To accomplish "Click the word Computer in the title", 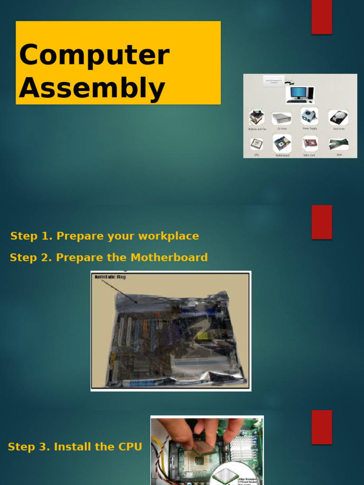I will [x=94, y=55].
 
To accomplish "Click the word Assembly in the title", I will [x=92, y=89].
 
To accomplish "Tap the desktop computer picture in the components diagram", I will [x=300, y=94].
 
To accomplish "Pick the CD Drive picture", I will [x=281, y=118].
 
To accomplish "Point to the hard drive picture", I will [x=338, y=117].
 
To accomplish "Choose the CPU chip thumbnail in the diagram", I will [x=256, y=144].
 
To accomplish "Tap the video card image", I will [x=309, y=143].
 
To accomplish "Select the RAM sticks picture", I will [x=338, y=144].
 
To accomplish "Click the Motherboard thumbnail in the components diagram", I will [x=282, y=143].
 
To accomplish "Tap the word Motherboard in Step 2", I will [x=169, y=258].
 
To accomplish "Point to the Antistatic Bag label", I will [x=110, y=277].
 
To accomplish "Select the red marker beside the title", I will [x=321, y=17].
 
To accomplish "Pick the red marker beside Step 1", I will [x=321, y=222].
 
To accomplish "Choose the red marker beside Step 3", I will [x=321, y=427].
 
